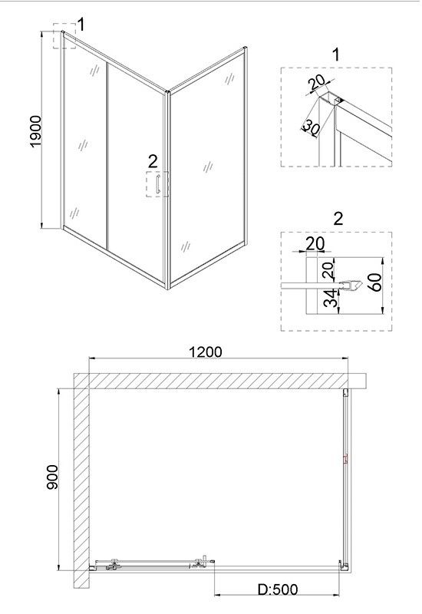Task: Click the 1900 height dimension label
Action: tap(35, 131)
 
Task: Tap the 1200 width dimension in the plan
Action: tap(205, 352)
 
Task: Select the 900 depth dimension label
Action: tap(52, 477)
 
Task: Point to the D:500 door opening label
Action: tap(278, 589)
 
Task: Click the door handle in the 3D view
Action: tap(157, 184)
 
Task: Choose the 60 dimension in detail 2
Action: tap(375, 282)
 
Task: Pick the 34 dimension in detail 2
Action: tap(331, 298)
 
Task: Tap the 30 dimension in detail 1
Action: tap(312, 128)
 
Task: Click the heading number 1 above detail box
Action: tap(336, 54)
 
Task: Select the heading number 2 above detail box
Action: tap(338, 219)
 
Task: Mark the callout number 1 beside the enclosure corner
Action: tap(81, 25)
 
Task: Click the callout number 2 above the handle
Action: tap(153, 161)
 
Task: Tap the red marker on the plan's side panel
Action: tap(346, 459)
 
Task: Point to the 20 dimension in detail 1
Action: tap(316, 82)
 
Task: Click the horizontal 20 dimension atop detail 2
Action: tap(315, 243)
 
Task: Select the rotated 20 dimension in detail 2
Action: tap(328, 270)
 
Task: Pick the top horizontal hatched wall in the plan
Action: tap(220, 381)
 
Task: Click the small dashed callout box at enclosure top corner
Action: tap(64, 36)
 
